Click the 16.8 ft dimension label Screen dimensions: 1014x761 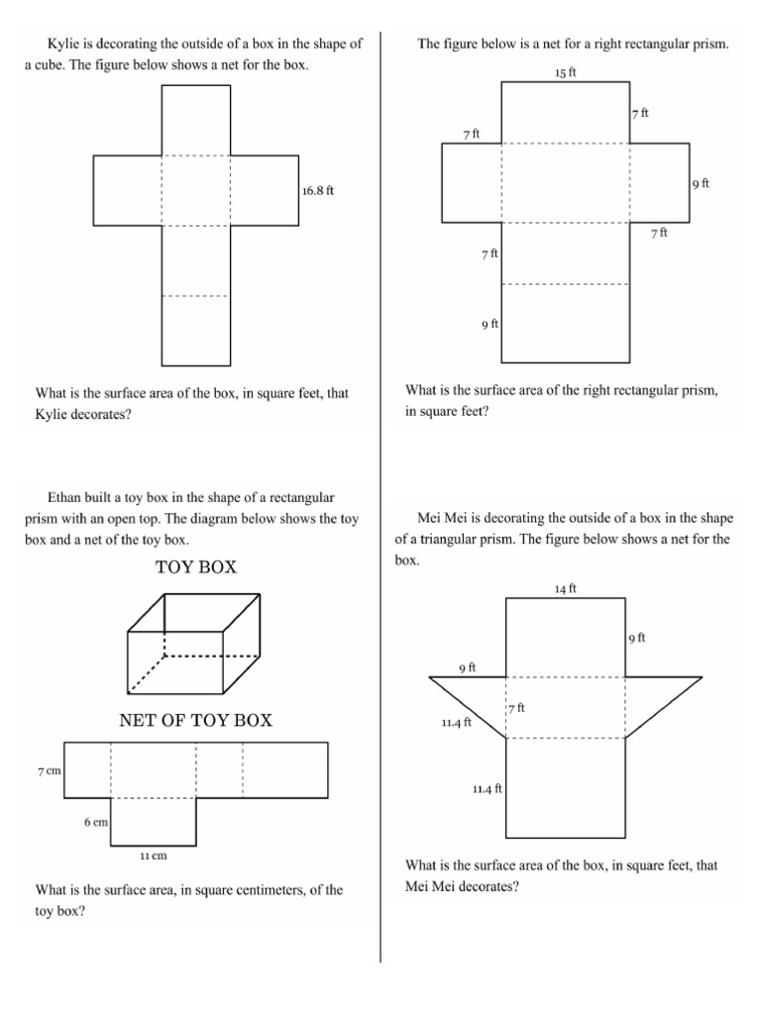318,190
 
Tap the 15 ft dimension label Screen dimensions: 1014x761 566,73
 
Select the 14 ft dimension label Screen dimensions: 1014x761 566,588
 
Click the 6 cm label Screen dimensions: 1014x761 95,822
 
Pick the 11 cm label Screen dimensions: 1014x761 153,855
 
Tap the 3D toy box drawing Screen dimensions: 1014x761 193,644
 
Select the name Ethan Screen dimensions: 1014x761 64,496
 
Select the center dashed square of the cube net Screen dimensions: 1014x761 196,190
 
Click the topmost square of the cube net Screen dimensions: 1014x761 196,121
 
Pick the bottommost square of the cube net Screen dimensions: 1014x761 196,331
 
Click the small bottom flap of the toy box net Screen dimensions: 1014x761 153,821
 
